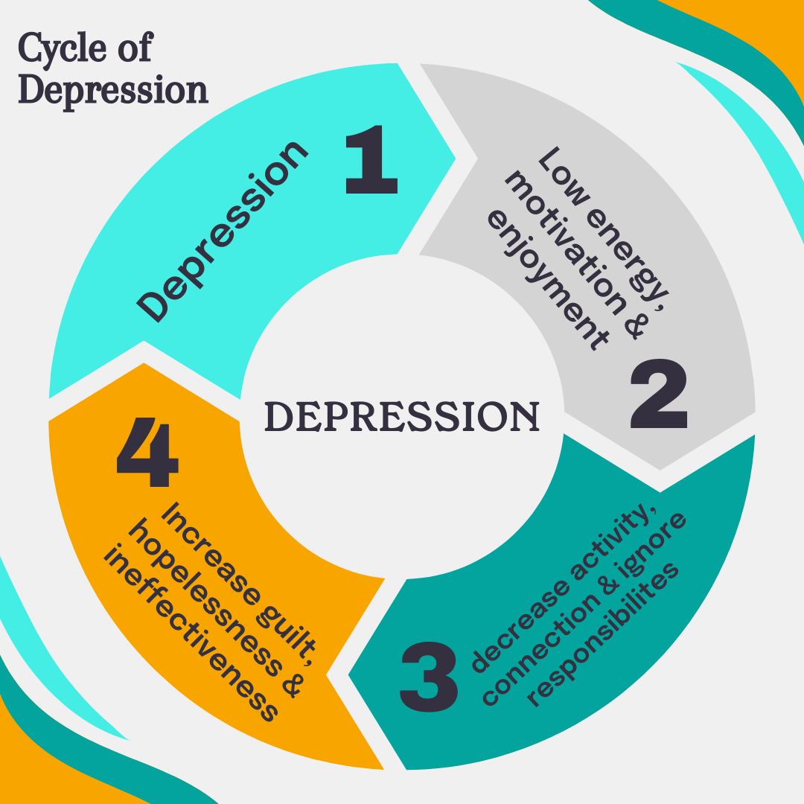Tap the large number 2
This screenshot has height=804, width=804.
658,395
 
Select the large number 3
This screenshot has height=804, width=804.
429,676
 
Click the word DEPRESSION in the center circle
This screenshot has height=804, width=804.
402,416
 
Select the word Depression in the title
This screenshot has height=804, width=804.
112,90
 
